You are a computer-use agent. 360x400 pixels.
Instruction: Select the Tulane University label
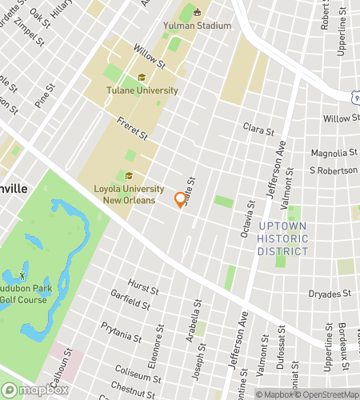(142, 90)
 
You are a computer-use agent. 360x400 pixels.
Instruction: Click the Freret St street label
(133, 130)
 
